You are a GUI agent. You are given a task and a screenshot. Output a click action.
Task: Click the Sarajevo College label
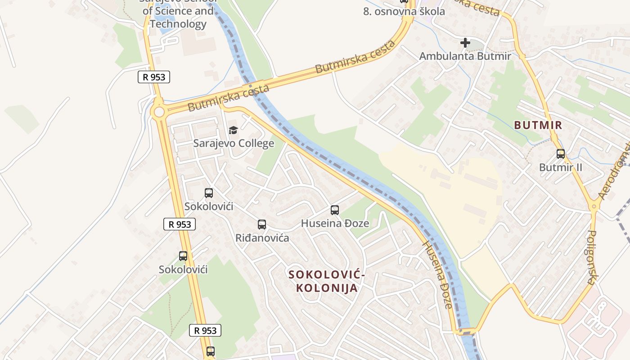pyautogui.click(x=234, y=144)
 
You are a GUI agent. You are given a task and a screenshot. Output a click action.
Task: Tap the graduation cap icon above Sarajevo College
pyautogui.click(x=233, y=130)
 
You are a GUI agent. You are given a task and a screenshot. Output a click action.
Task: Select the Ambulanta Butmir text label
pyautogui.click(x=465, y=56)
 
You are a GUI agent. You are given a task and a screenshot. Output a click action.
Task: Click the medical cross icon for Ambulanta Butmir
pyautogui.click(x=465, y=43)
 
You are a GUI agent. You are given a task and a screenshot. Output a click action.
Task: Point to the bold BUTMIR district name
pyautogui.click(x=538, y=125)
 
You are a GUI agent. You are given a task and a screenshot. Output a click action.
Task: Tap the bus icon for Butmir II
pyautogui.click(x=560, y=154)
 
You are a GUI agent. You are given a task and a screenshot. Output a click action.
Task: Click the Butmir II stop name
pyautogui.click(x=560, y=167)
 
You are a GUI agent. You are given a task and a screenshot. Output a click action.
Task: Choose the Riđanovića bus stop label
pyautogui.click(x=262, y=238)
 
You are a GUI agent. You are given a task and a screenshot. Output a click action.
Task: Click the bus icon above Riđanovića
pyautogui.click(x=262, y=224)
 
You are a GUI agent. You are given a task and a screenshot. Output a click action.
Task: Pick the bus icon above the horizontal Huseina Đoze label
pyautogui.click(x=334, y=210)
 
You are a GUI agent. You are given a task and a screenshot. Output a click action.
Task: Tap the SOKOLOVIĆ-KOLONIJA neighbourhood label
pyautogui.click(x=327, y=281)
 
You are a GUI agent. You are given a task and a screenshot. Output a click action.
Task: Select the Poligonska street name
pyautogui.click(x=592, y=257)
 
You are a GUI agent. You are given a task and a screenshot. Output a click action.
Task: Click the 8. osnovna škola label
pyautogui.click(x=404, y=12)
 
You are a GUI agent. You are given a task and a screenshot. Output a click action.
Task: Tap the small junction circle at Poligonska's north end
pyautogui.click(x=594, y=207)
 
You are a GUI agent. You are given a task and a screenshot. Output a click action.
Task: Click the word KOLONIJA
pyautogui.click(x=327, y=288)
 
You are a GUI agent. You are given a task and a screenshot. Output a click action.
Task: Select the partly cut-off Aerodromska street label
pyautogui.click(x=614, y=171)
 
